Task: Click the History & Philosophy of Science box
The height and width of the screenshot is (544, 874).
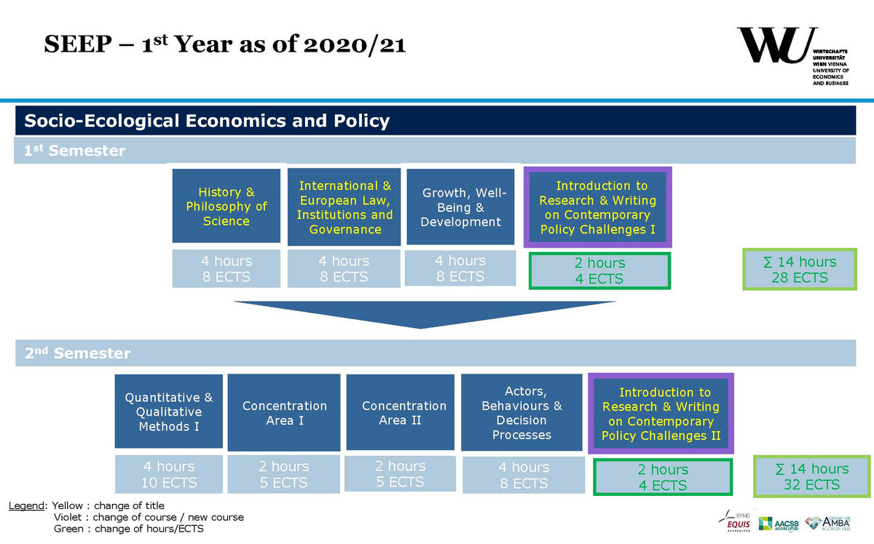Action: [226, 206]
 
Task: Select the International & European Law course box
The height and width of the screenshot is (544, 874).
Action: [345, 207]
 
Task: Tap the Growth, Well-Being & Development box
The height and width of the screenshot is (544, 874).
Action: [461, 207]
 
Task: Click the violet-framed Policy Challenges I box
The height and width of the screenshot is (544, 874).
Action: [597, 208]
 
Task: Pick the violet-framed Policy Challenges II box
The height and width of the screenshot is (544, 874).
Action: [661, 414]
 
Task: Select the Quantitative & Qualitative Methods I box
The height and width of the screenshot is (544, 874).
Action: [168, 411]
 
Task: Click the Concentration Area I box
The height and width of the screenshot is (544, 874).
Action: [284, 412]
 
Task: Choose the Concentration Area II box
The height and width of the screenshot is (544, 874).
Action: [403, 412]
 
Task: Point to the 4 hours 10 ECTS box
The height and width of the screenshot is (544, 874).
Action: [168, 474]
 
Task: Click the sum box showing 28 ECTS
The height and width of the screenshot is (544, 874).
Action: [799, 269]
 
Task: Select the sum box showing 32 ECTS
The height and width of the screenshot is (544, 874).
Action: [811, 476]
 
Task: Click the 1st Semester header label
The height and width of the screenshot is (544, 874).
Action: [75, 151]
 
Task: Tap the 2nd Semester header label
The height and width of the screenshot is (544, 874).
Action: [77, 354]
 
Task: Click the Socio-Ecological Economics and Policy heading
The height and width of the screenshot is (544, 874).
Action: [208, 121]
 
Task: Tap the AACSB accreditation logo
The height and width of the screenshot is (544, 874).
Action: [779, 523]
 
